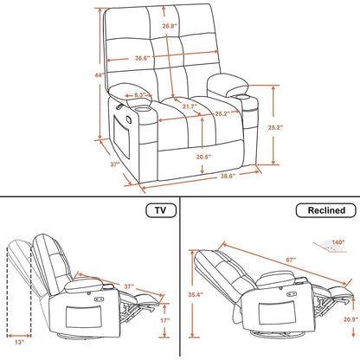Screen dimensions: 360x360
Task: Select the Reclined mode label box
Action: (320, 209)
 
